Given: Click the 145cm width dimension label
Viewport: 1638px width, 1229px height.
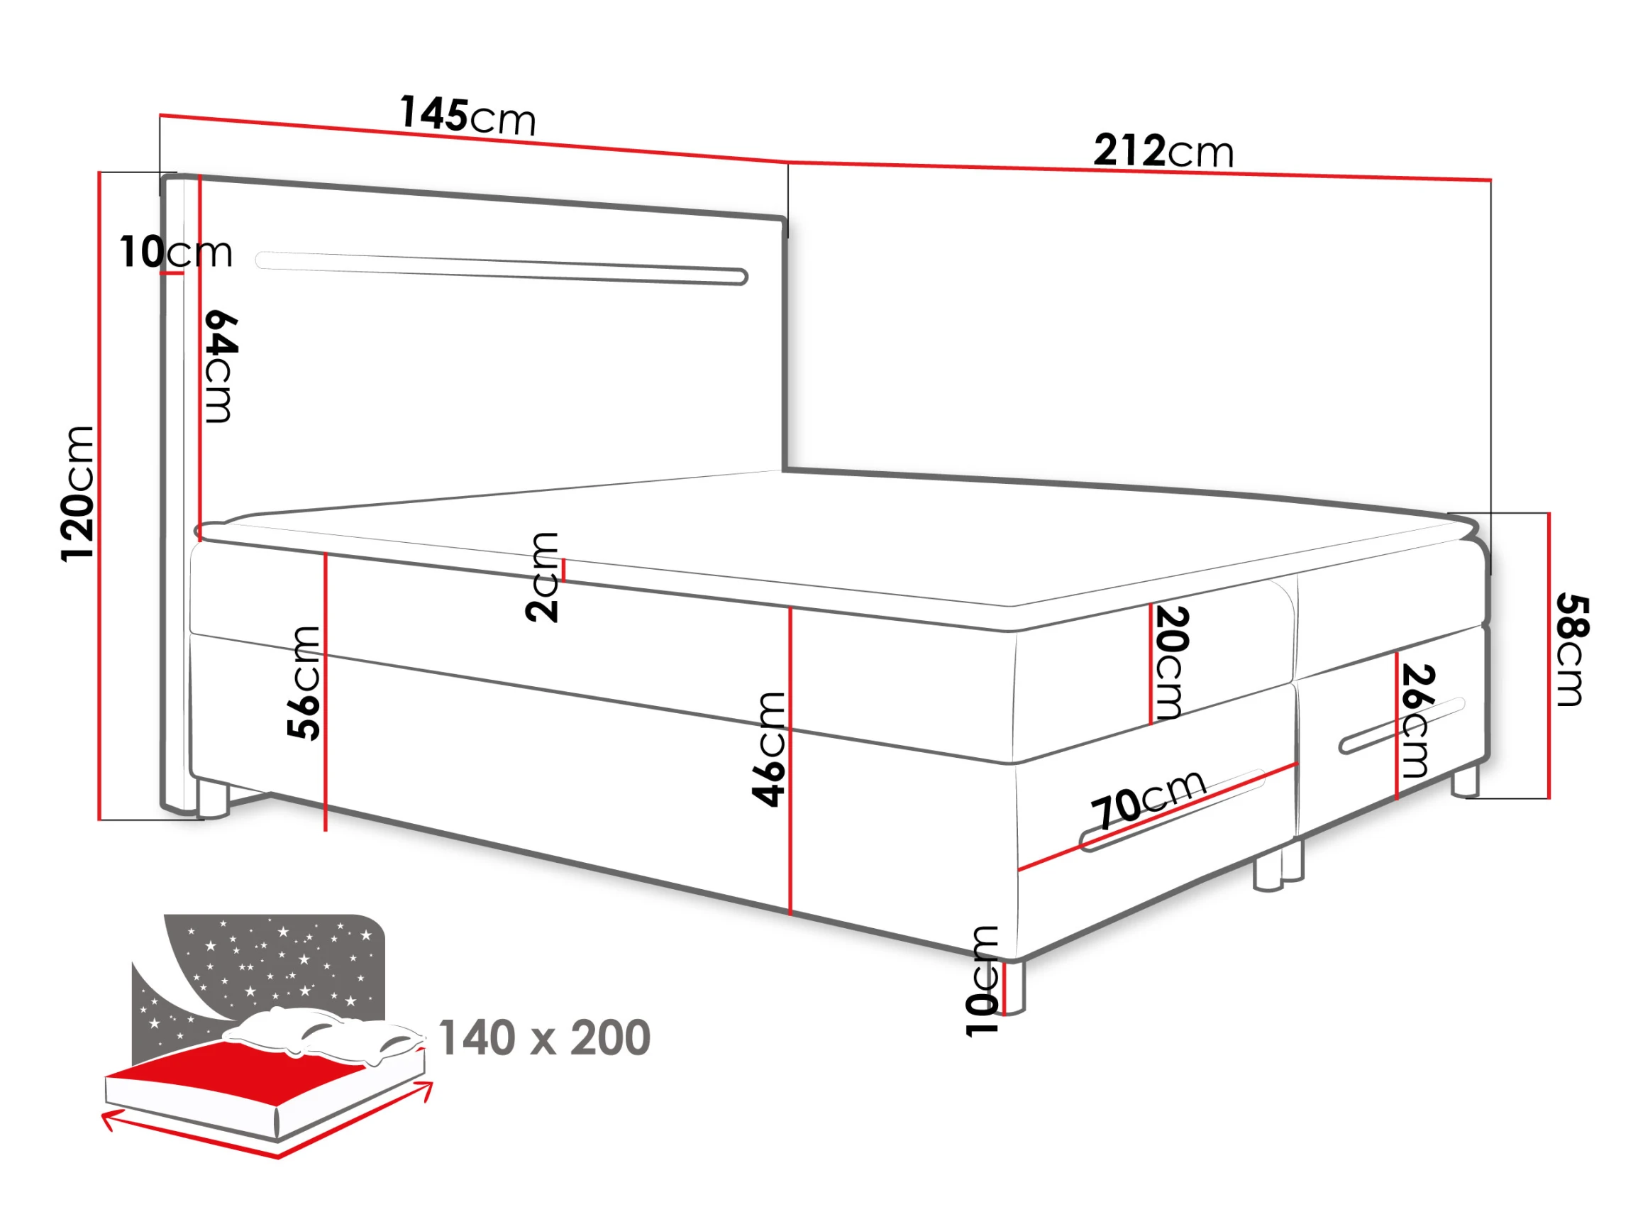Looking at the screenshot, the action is [468, 115].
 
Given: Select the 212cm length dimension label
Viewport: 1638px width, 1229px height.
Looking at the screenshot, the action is [1163, 151].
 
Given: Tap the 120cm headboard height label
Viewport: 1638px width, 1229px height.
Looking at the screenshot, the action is [78, 494].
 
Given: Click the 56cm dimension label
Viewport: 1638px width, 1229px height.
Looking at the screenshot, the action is [304, 683].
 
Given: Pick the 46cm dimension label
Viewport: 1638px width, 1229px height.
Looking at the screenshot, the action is [769, 748].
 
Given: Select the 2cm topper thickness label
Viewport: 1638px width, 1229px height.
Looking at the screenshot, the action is [542, 577].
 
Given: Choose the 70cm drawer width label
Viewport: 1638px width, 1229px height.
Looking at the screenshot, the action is [1149, 798].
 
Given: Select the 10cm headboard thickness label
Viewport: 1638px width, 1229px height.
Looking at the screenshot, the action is [176, 252].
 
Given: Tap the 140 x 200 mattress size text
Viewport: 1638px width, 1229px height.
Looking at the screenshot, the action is [544, 1038].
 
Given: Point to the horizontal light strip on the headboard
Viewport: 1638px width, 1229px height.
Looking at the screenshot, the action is [502, 268].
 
